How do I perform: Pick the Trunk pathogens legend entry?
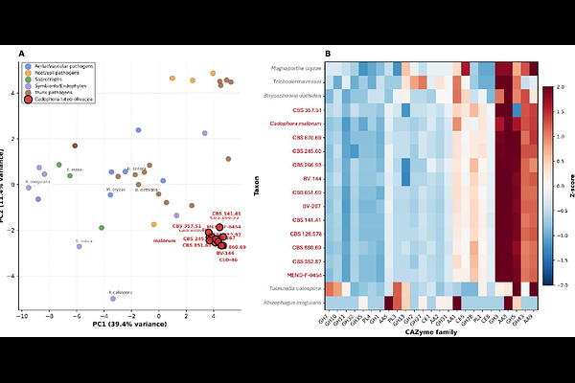tap(53, 92)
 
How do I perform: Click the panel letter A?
tap(21, 55)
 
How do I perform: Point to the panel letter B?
tap(329, 55)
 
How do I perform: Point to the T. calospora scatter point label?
tap(119, 291)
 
